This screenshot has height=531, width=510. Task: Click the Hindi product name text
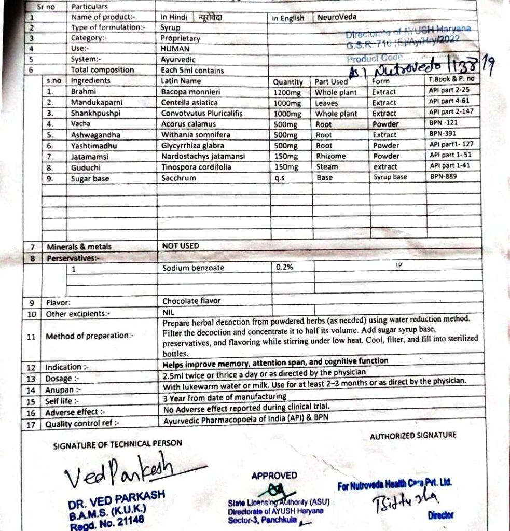(x=211, y=17)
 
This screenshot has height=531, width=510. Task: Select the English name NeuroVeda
(x=337, y=17)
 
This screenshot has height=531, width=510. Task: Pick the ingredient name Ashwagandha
(x=95, y=135)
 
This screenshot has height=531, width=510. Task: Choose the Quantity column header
(x=288, y=81)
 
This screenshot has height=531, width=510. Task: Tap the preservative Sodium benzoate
(x=193, y=268)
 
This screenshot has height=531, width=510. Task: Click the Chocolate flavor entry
(x=191, y=301)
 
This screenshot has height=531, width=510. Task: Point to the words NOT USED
(x=180, y=246)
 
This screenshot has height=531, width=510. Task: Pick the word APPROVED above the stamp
(x=274, y=475)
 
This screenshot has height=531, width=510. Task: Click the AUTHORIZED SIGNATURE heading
(x=413, y=436)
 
